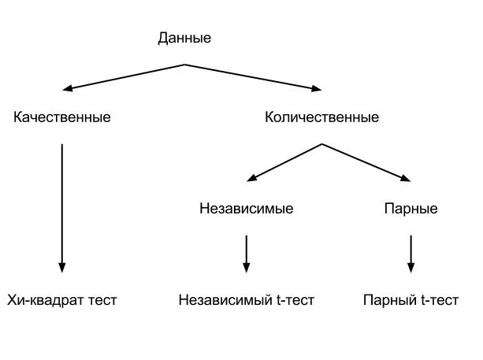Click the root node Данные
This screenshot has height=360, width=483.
pyautogui.click(x=185, y=38)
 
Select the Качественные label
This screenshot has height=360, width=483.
pyautogui.click(x=62, y=118)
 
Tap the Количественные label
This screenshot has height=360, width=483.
pyautogui.click(x=321, y=118)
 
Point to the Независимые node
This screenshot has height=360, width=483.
pyautogui.click(x=247, y=210)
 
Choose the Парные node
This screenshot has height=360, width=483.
pyautogui.click(x=411, y=210)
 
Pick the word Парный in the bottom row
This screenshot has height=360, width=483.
pyautogui.click(x=388, y=300)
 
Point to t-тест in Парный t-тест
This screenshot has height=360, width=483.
pyautogui.click(x=437, y=300)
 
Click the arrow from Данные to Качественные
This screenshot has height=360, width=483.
pyautogui.click(x=126, y=76)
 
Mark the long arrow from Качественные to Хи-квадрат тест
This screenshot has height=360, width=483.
pyautogui.click(x=61, y=205)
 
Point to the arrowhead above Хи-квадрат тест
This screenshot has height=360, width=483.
pyautogui.click(x=61, y=266)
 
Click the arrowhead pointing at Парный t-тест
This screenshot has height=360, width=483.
pyautogui.click(x=411, y=267)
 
